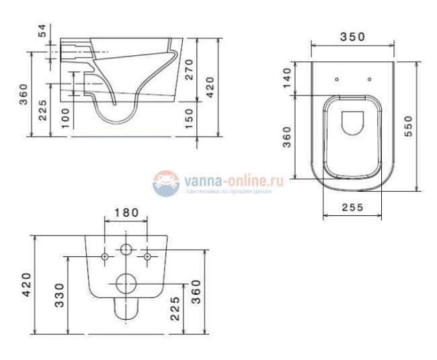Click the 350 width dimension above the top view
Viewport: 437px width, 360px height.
point(352,37)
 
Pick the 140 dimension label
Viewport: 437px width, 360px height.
point(287,79)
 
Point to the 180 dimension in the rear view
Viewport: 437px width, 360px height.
point(126,213)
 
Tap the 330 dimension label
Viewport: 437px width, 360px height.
point(59,294)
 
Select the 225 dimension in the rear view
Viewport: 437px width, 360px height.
point(175,308)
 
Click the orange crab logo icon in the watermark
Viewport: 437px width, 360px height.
point(166,182)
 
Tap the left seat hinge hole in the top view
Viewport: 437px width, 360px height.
point(337,79)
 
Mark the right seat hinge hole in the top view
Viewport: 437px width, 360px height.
point(369,79)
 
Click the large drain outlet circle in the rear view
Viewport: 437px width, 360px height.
point(126,284)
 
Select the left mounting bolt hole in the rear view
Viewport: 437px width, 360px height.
point(106,256)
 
